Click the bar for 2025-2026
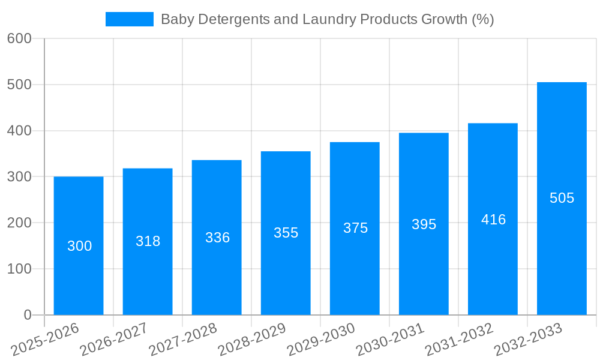tap(79, 245)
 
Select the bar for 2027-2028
tap(217, 237)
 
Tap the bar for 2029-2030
tap(355, 228)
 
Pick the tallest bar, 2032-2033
tap(562, 198)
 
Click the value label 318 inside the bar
tap(148, 241)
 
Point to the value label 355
tap(286, 233)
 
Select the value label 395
tap(424, 224)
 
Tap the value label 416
tap(493, 220)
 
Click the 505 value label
tap(562, 198)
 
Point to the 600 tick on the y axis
tap(19, 38)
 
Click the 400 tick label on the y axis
tap(19, 131)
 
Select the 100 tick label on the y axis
tap(19, 269)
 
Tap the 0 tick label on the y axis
tap(28, 315)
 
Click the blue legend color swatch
tap(130, 19)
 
